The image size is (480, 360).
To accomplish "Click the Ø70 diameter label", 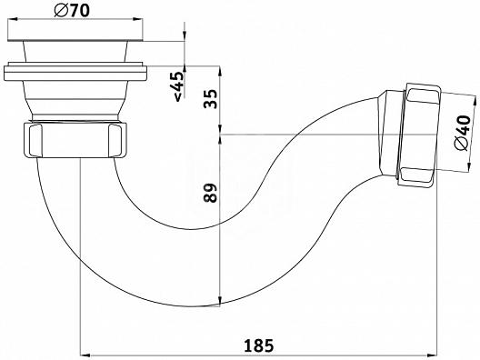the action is [x=72, y=11].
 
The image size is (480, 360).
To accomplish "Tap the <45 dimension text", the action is [x=178, y=86].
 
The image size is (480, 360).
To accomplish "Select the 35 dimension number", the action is [x=210, y=99].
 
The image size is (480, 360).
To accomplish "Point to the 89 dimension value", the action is [x=210, y=193].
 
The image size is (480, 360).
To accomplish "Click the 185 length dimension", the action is [x=259, y=345].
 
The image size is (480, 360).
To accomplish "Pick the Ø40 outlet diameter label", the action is [x=463, y=133].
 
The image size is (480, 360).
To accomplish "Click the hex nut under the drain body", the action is [x=75, y=140].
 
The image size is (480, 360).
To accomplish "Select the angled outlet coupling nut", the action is [x=418, y=135].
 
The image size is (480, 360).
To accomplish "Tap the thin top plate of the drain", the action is [x=75, y=39].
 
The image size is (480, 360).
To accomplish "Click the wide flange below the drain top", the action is [x=75, y=72].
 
